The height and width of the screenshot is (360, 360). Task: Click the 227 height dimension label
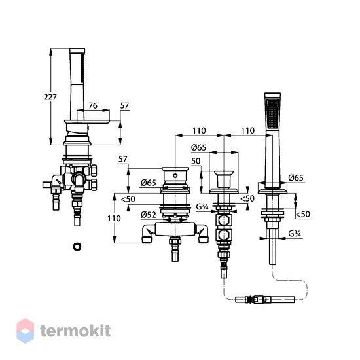point(50,97)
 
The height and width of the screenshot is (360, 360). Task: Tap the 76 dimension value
point(93,105)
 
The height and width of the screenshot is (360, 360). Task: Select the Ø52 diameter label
point(149,215)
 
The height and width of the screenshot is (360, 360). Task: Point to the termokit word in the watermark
point(75,331)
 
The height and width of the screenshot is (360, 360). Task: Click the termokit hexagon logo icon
point(26,331)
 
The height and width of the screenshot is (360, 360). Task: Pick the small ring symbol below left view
point(77,247)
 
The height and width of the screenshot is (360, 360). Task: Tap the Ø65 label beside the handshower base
point(296,178)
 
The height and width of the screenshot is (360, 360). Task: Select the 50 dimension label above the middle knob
point(196,161)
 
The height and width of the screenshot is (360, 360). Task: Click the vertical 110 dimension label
point(114,219)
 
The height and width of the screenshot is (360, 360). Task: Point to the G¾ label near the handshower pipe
point(295,234)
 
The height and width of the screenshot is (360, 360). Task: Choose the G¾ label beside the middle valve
point(202,207)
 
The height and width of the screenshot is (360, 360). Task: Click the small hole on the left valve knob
point(175,176)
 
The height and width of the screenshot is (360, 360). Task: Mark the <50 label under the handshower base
point(302,215)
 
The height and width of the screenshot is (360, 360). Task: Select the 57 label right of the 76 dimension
point(124,105)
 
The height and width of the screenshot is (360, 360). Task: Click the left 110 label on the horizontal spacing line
point(199,131)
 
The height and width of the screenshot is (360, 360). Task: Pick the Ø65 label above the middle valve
point(198,147)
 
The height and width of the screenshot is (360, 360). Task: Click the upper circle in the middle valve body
point(223,221)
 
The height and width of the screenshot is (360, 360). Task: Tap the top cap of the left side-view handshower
point(77,51)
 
